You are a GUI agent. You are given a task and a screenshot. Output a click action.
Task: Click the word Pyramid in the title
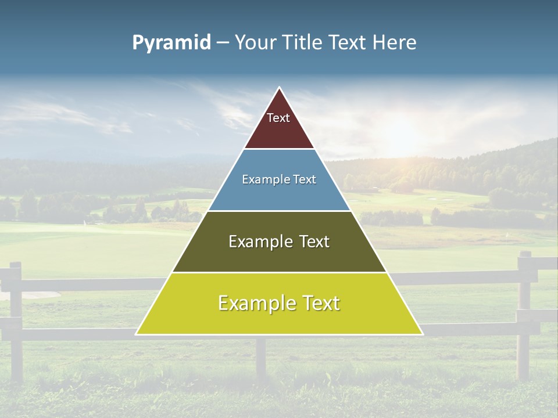coord(171,43)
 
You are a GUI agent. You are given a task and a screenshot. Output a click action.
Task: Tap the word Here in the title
coord(395,43)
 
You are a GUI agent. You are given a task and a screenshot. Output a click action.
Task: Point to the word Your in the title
coord(256,43)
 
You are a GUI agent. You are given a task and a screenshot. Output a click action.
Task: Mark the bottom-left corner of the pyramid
coord(137,334)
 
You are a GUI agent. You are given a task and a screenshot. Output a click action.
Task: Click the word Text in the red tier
coord(278,118)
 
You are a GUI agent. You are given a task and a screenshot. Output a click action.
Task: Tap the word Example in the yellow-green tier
coord(256,303)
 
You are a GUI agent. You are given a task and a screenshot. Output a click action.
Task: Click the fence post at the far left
coord(16,319)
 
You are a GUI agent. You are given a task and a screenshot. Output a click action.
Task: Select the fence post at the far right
coord(524,313)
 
